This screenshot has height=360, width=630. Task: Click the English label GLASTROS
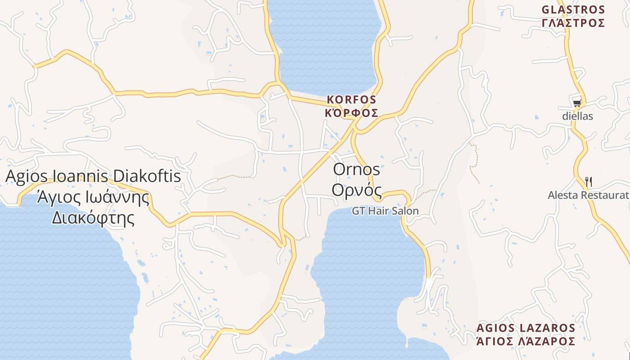click(x=573, y=9)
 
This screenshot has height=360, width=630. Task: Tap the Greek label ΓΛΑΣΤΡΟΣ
click(x=573, y=22)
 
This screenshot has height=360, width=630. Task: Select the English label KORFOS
click(x=351, y=99)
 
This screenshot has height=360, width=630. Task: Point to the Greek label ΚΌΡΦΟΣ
click(x=351, y=113)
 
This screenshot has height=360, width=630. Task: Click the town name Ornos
click(x=356, y=170)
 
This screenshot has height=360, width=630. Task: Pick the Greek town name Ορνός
click(x=356, y=190)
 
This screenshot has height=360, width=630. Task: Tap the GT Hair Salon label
click(x=385, y=211)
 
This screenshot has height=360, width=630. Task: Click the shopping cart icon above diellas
click(x=577, y=103)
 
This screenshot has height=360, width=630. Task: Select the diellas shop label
click(x=577, y=116)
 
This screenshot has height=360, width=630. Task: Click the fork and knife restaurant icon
click(x=588, y=181)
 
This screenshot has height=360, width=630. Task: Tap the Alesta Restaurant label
click(x=588, y=195)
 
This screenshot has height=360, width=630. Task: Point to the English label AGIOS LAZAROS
click(x=526, y=328)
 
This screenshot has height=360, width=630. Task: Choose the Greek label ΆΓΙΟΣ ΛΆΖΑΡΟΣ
click(x=526, y=341)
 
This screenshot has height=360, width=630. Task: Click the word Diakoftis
click(x=147, y=176)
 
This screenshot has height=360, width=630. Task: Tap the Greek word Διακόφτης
click(x=93, y=218)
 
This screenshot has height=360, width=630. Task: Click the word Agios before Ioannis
click(x=27, y=176)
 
